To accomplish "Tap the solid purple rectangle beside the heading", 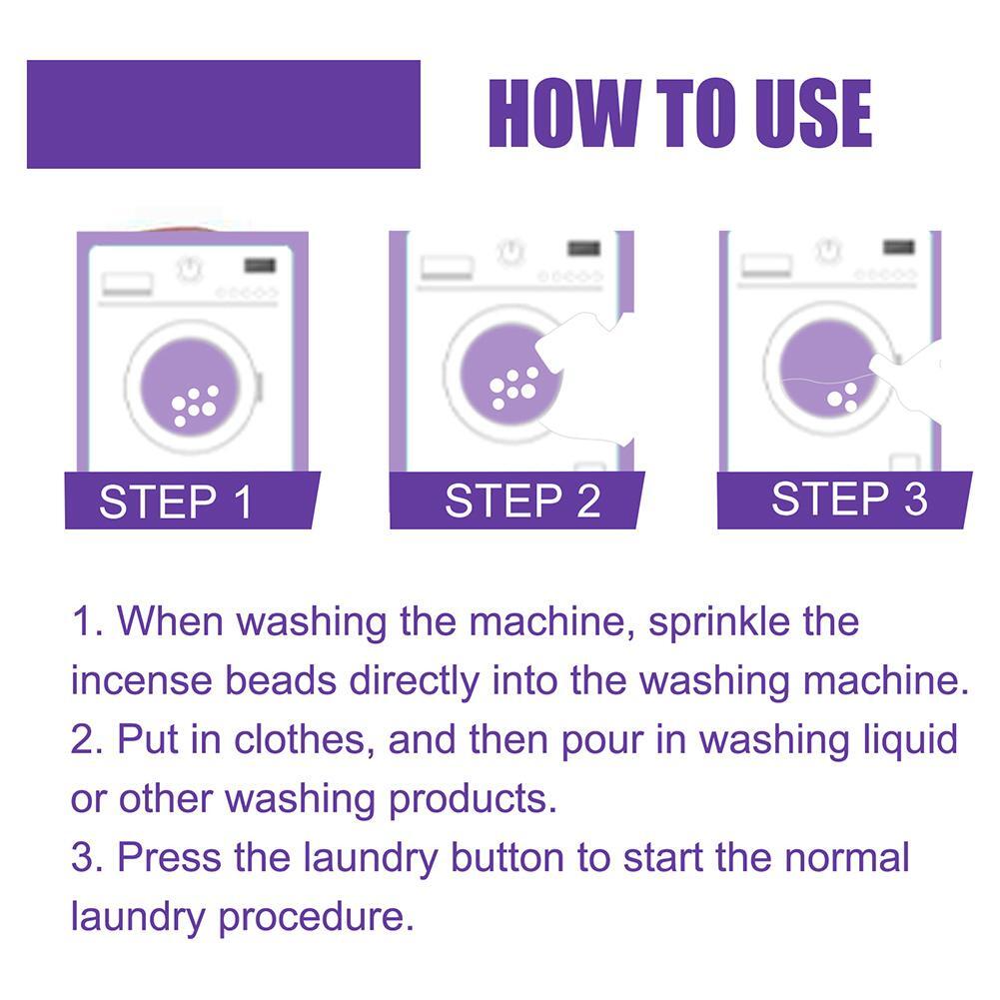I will [x=223, y=114].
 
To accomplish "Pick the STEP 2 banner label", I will [x=522, y=501].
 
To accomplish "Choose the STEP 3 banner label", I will [x=849, y=499].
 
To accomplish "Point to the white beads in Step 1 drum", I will [x=193, y=405].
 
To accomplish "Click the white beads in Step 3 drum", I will [x=843, y=398].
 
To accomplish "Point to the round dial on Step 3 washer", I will [x=828, y=249].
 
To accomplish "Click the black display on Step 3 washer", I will [x=899, y=247].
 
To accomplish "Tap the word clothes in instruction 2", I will [x=304, y=740].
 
